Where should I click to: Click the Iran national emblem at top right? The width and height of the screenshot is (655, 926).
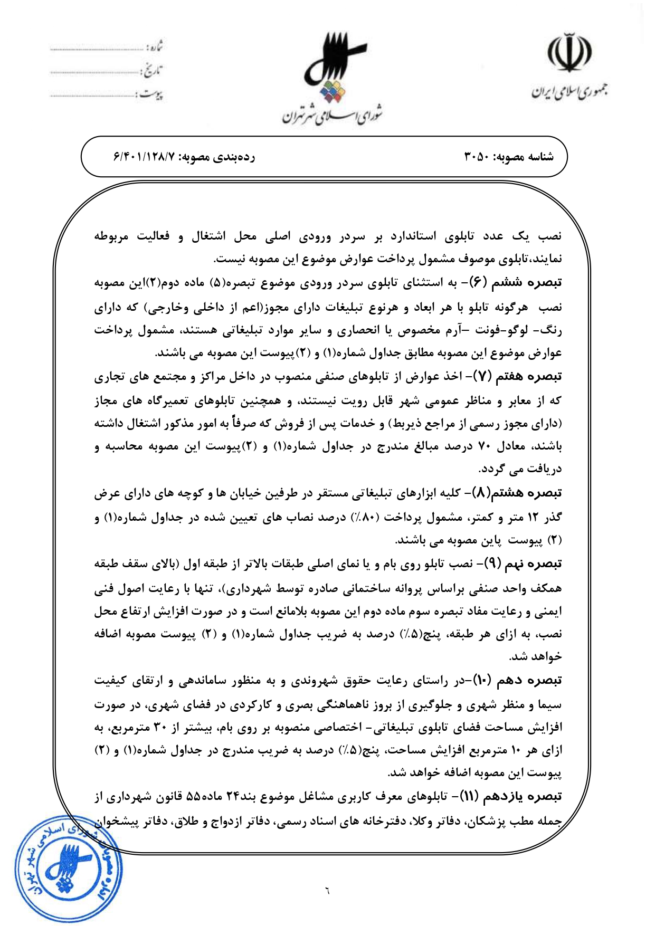tap(569, 52)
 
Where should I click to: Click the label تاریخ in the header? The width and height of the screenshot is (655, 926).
tap(153, 71)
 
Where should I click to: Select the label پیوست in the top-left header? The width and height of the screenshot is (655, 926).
tap(152, 94)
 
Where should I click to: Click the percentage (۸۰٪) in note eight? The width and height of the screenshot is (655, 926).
tap(364, 517)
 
